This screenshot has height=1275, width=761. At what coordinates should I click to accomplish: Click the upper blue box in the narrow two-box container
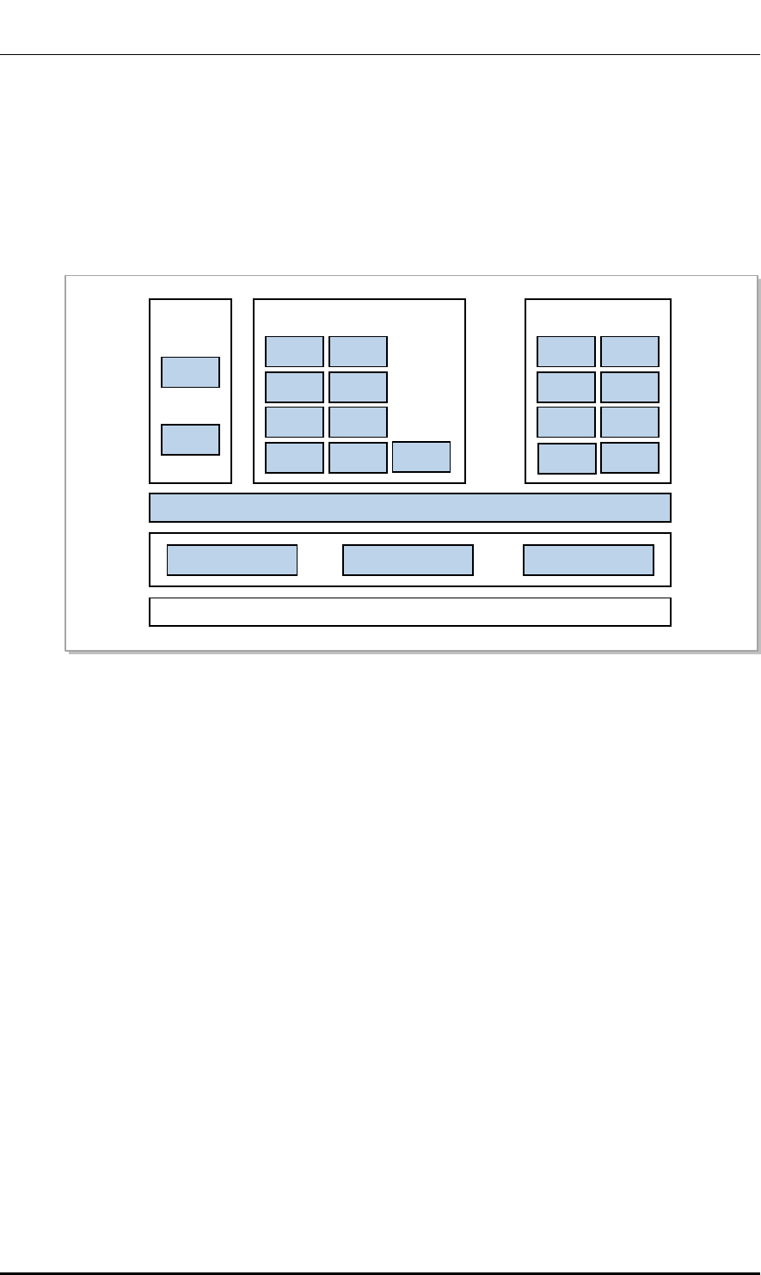click(191, 372)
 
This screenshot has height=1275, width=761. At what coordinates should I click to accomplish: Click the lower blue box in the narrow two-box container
click(191, 439)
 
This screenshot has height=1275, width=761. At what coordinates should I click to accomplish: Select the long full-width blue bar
click(409, 508)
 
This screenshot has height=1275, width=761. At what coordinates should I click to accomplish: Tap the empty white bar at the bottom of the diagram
click(409, 611)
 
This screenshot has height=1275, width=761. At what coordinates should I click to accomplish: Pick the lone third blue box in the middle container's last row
click(421, 457)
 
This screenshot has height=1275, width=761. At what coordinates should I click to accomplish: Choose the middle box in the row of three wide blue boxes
click(408, 560)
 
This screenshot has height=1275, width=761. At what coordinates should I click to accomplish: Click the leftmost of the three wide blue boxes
click(231, 560)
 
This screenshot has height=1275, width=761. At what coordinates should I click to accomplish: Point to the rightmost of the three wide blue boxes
click(588, 560)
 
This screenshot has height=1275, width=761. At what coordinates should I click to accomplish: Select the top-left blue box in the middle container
click(294, 352)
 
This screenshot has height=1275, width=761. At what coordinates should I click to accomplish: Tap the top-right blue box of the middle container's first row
click(358, 352)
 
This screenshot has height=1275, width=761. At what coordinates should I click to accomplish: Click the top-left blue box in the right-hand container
click(566, 352)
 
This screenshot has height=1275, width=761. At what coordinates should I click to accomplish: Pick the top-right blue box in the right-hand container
click(629, 352)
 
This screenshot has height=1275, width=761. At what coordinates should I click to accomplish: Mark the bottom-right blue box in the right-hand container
click(629, 457)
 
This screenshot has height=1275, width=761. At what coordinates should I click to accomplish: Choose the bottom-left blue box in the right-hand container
click(567, 458)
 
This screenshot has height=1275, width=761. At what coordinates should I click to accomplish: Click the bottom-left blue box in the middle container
click(294, 457)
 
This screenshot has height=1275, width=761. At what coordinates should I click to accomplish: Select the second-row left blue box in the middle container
click(294, 387)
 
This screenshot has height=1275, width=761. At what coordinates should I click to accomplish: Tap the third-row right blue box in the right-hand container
click(629, 422)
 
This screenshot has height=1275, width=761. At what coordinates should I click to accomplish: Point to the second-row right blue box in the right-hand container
click(629, 387)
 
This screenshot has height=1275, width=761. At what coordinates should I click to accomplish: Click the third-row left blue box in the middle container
click(294, 422)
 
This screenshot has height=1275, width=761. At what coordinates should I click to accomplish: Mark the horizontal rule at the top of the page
click(380, 56)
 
